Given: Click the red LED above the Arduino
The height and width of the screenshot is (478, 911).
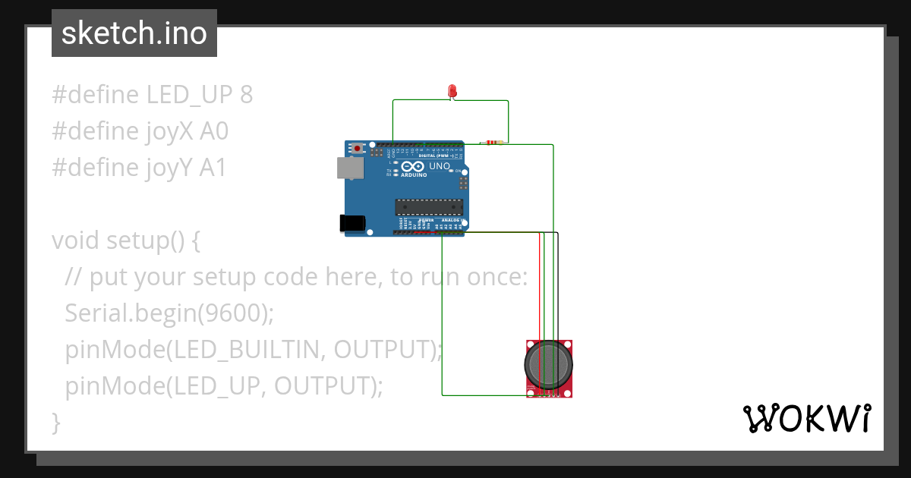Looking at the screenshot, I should click(x=452, y=91).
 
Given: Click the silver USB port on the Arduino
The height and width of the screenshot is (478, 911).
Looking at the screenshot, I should click(x=349, y=168).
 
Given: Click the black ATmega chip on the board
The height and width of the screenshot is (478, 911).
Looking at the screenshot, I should click(x=428, y=206).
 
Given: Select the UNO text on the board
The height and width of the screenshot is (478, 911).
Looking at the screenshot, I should click(x=440, y=166).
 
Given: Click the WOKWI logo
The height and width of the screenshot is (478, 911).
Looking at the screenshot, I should click(x=805, y=419).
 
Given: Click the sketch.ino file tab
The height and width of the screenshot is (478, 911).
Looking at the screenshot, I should click(x=134, y=33).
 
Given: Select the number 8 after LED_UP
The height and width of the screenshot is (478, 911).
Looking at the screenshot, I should click(x=245, y=95).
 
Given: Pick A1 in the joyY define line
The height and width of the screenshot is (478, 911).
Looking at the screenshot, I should click(x=213, y=168).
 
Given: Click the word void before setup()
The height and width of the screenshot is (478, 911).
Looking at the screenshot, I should click(x=76, y=241).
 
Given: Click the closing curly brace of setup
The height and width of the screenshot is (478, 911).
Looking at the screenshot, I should click(x=55, y=422).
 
